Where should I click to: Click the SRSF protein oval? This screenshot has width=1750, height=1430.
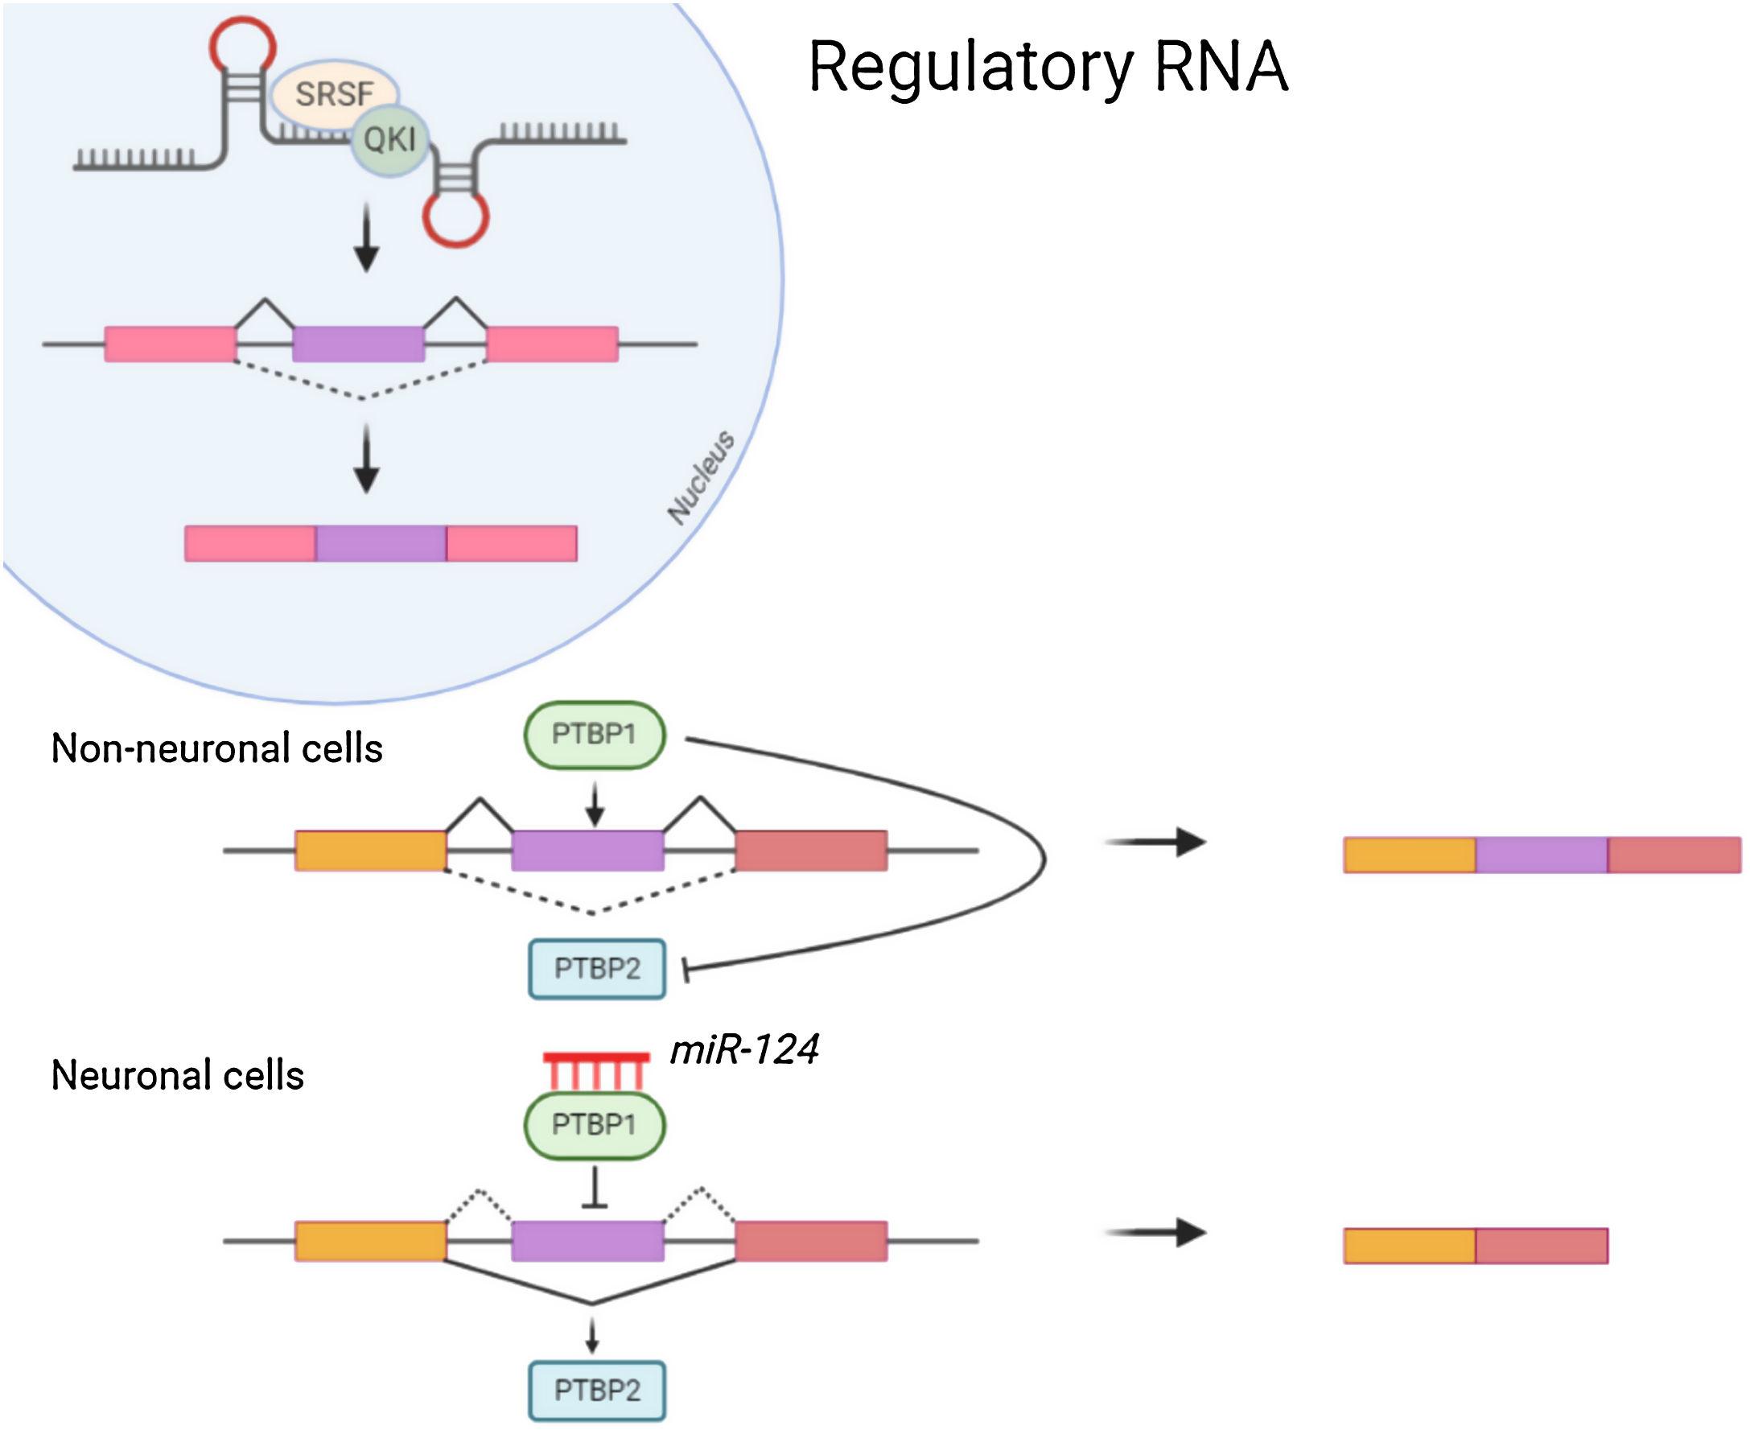point(334,93)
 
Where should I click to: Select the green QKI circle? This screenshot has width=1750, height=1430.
point(389,140)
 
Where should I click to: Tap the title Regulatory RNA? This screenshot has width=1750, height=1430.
point(1047,67)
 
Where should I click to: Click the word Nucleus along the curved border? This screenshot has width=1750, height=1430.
point(701,477)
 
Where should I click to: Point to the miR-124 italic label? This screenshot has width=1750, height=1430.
point(744,1049)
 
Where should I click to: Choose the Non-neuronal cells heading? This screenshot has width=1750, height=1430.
point(216,748)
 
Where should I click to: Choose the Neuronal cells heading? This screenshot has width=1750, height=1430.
point(177,1075)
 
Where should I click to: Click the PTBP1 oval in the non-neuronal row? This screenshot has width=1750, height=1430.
point(594,734)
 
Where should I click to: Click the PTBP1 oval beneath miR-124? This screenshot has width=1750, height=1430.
point(594,1124)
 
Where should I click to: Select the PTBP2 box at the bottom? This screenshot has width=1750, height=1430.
point(596,1391)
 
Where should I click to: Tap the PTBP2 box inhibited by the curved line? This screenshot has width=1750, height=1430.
point(596,968)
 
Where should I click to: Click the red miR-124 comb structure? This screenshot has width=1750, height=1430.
point(596,1069)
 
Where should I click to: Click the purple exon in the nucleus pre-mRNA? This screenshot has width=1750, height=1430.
point(358,344)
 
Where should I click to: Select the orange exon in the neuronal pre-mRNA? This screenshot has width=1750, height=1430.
point(371,1241)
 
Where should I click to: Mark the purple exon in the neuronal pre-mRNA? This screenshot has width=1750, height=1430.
point(587,1241)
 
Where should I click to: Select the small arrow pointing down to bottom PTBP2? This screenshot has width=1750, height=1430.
point(591,1335)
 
